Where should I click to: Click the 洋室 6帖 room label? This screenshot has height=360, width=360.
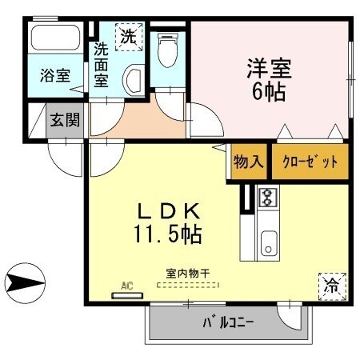[x=269, y=78]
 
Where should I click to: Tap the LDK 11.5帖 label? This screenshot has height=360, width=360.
[x=167, y=224]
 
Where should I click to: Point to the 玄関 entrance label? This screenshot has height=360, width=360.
[x=64, y=121]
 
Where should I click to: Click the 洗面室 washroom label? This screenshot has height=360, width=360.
[x=101, y=64]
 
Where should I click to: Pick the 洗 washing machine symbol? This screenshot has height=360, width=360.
[x=128, y=35]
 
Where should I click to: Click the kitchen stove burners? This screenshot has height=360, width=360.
[x=266, y=197]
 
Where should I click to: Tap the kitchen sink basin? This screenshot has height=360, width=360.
[x=266, y=242]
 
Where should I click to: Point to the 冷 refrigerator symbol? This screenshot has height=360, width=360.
[x=331, y=284]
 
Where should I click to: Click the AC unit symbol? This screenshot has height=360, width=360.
[x=126, y=294]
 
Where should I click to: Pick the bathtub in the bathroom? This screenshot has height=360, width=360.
[x=54, y=41]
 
